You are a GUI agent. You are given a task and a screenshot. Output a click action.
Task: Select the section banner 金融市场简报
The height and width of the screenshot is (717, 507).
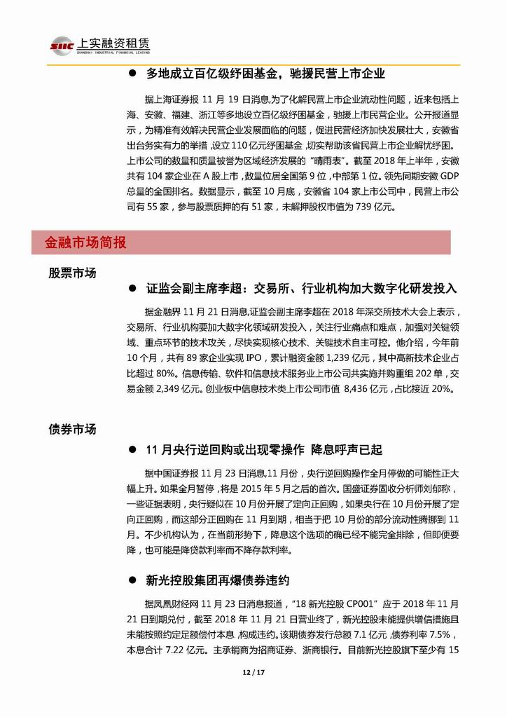pyautogui.click(x=86, y=243)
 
